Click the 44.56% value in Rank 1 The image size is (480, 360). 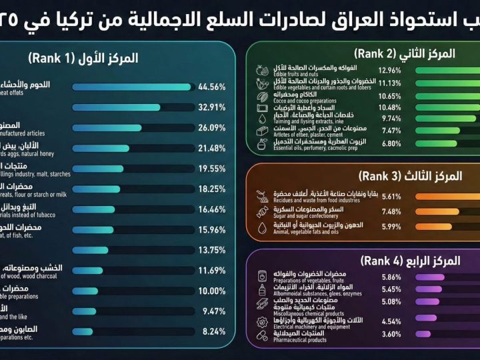click(x=212, y=87)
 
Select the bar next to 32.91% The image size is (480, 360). click(x=116, y=107)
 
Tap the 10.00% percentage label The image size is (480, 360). click(x=212, y=291)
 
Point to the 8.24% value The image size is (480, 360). click(x=212, y=331)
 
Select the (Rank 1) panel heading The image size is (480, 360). click(x=83, y=59)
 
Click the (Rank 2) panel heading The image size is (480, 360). click(x=403, y=53)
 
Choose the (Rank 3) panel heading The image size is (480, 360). click(x=410, y=176)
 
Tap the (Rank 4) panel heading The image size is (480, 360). click(x=407, y=260)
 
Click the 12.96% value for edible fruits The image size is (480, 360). click(x=389, y=70)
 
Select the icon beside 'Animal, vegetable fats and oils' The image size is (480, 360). click(x=263, y=228)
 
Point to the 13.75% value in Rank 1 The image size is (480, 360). click(x=212, y=250)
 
